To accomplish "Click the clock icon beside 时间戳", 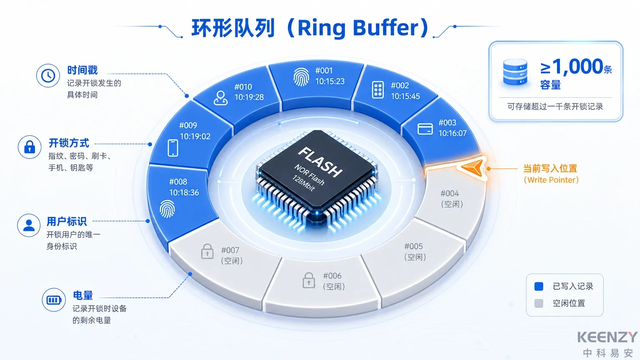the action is point(48,76).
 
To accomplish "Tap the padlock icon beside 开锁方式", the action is point(30,147).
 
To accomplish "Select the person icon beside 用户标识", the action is point(29,225).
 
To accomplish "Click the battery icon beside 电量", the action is point(54,300).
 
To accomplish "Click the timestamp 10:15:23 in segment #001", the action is point(330,81).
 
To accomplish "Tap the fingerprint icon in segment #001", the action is point(301,77).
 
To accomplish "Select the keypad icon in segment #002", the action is point(378,90).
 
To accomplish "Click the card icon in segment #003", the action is point(425,129).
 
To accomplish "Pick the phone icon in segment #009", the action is point(173,148).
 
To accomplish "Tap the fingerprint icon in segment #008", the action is point(167,209).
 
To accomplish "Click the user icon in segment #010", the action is point(220,98).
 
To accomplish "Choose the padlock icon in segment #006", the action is point(309,280).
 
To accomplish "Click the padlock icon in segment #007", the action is point(207,251).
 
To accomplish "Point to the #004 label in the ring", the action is point(450,193).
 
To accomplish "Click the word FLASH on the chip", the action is point(320,162).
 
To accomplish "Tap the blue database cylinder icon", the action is point(515,72).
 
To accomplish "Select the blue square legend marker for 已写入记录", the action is point(539,286).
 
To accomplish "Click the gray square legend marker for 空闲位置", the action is point(539,303).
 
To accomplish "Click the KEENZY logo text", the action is point(607,337).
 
